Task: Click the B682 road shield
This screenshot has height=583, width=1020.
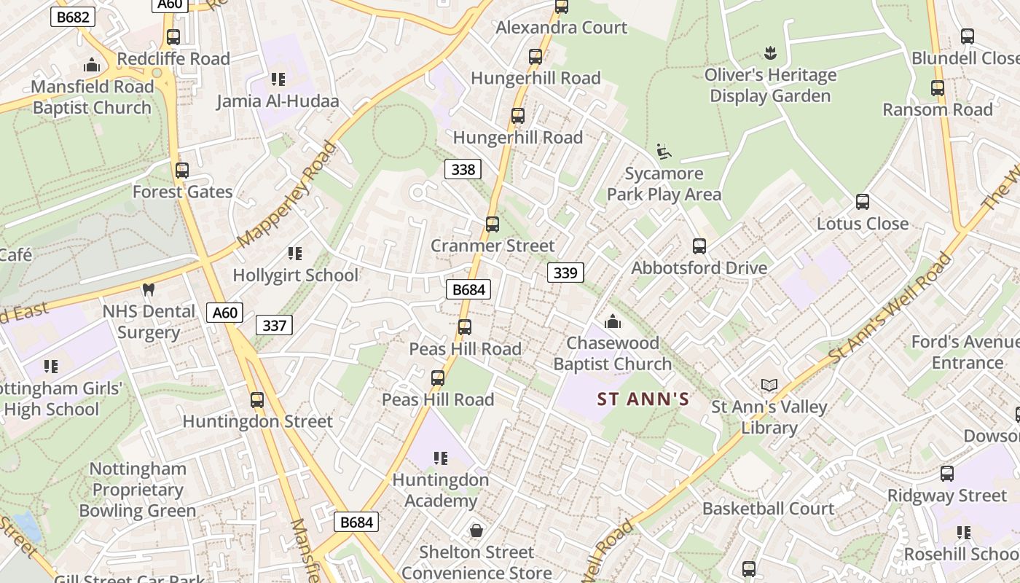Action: click(74, 17)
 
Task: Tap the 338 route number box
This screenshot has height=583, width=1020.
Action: click(463, 170)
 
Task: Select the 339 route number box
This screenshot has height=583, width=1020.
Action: click(565, 273)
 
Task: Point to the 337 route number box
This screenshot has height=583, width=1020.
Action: click(274, 325)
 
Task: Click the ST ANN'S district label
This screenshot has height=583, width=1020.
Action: click(643, 399)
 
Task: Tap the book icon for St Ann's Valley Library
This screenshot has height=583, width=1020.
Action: click(769, 385)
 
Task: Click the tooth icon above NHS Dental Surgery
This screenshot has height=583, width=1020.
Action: click(149, 289)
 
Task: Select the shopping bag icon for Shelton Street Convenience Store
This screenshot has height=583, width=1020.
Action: click(476, 531)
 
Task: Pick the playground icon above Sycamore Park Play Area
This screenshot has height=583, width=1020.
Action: click(663, 152)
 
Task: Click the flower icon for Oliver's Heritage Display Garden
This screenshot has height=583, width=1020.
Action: click(770, 52)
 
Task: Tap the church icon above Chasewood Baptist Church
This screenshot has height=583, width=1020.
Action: click(613, 321)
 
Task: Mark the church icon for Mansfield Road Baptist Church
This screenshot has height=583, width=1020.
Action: click(92, 65)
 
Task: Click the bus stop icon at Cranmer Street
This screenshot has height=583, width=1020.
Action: click(493, 224)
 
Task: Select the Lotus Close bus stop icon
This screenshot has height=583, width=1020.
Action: click(863, 202)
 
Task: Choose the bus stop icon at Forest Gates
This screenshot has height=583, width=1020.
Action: click(182, 171)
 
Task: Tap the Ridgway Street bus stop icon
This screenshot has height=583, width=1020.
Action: click(947, 474)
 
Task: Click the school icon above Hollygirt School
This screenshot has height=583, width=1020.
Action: click(295, 254)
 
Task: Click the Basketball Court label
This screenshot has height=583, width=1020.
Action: click(768, 509)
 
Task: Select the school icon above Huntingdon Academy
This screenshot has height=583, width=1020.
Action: click(441, 458)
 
